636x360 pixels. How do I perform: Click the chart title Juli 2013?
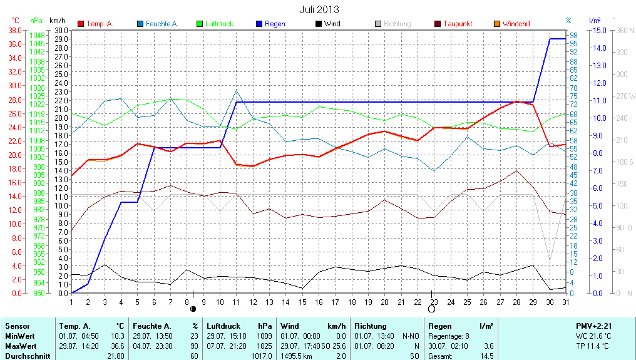[x=319, y=9]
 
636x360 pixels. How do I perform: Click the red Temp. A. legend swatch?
[x=81, y=24]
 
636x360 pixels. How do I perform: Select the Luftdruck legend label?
[x=218, y=24]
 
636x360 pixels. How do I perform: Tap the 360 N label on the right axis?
[x=622, y=30]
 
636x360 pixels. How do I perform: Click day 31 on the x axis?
[x=565, y=302]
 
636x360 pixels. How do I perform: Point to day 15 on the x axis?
[x=302, y=302]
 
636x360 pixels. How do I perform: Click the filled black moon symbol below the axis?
[x=193, y=309]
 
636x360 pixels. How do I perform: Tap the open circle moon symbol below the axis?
[x=432, y=309]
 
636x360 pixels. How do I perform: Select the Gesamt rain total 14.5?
[x=486, y=356]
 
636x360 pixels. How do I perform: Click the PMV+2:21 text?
[x=594, y=326]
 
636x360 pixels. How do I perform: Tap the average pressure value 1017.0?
[x=262, y=356]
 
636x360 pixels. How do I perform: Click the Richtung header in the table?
[x=371, y=326]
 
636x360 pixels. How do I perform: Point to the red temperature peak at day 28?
[x=516, y=101]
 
